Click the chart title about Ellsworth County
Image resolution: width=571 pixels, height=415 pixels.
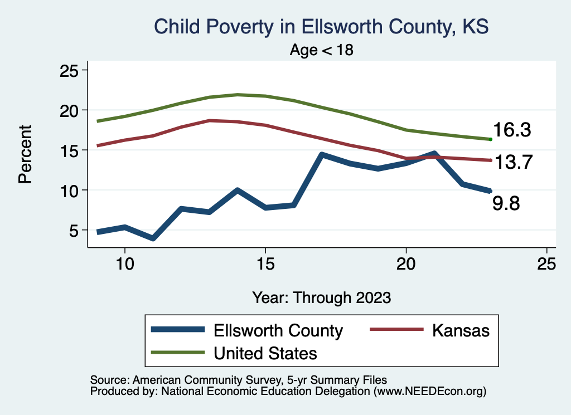[x=321, y=27]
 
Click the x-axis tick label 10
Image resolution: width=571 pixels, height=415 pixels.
[x=124, y=263]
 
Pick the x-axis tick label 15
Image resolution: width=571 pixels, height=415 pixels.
[x=265, y=263]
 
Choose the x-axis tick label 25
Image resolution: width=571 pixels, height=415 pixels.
[x=546, y=263]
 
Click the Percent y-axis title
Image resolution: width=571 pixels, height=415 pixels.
[x=25, y=154]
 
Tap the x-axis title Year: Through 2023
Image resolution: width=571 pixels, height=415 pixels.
[x=321, y=297]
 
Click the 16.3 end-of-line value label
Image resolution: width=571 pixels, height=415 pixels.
[x=511, y=130]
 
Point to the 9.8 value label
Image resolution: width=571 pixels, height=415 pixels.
[x=506, y=203]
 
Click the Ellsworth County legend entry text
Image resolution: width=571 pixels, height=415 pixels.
[x=278, y=330]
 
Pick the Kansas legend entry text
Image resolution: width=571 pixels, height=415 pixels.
[x=460, y=330]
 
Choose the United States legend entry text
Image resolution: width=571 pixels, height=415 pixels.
[x=266, y=353]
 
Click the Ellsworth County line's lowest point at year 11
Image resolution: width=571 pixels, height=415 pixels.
[x=152, y=238]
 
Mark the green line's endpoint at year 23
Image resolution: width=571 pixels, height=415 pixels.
[x=490, y=139]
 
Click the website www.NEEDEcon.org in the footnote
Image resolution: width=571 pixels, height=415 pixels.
[x=430, y=392]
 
